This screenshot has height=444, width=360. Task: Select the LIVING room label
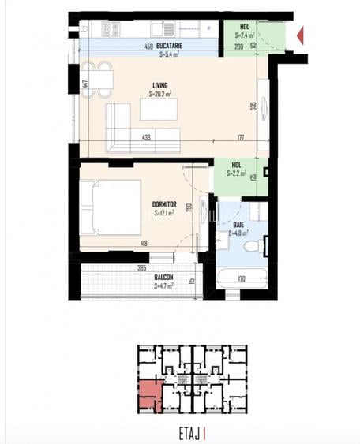pos(160,85)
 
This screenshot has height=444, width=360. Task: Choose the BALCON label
pos(164,278)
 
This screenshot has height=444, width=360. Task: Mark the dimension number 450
pos(148,47)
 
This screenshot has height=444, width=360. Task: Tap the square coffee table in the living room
pos(159,109)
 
